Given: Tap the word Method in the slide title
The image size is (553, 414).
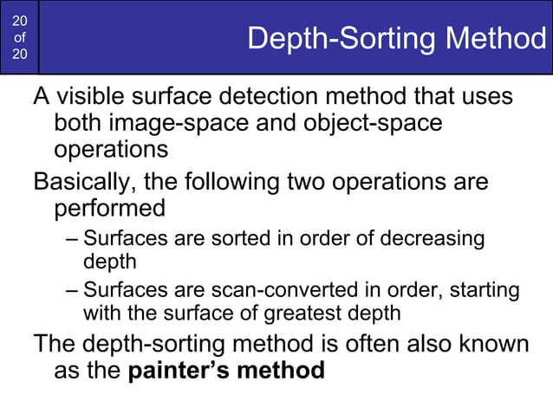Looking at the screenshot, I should click(498, 40).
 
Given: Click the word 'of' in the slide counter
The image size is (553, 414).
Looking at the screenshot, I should click(20, 38).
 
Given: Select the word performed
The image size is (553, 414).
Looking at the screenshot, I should click(109, 209).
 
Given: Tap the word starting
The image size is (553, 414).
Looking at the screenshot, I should click(486, 290).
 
